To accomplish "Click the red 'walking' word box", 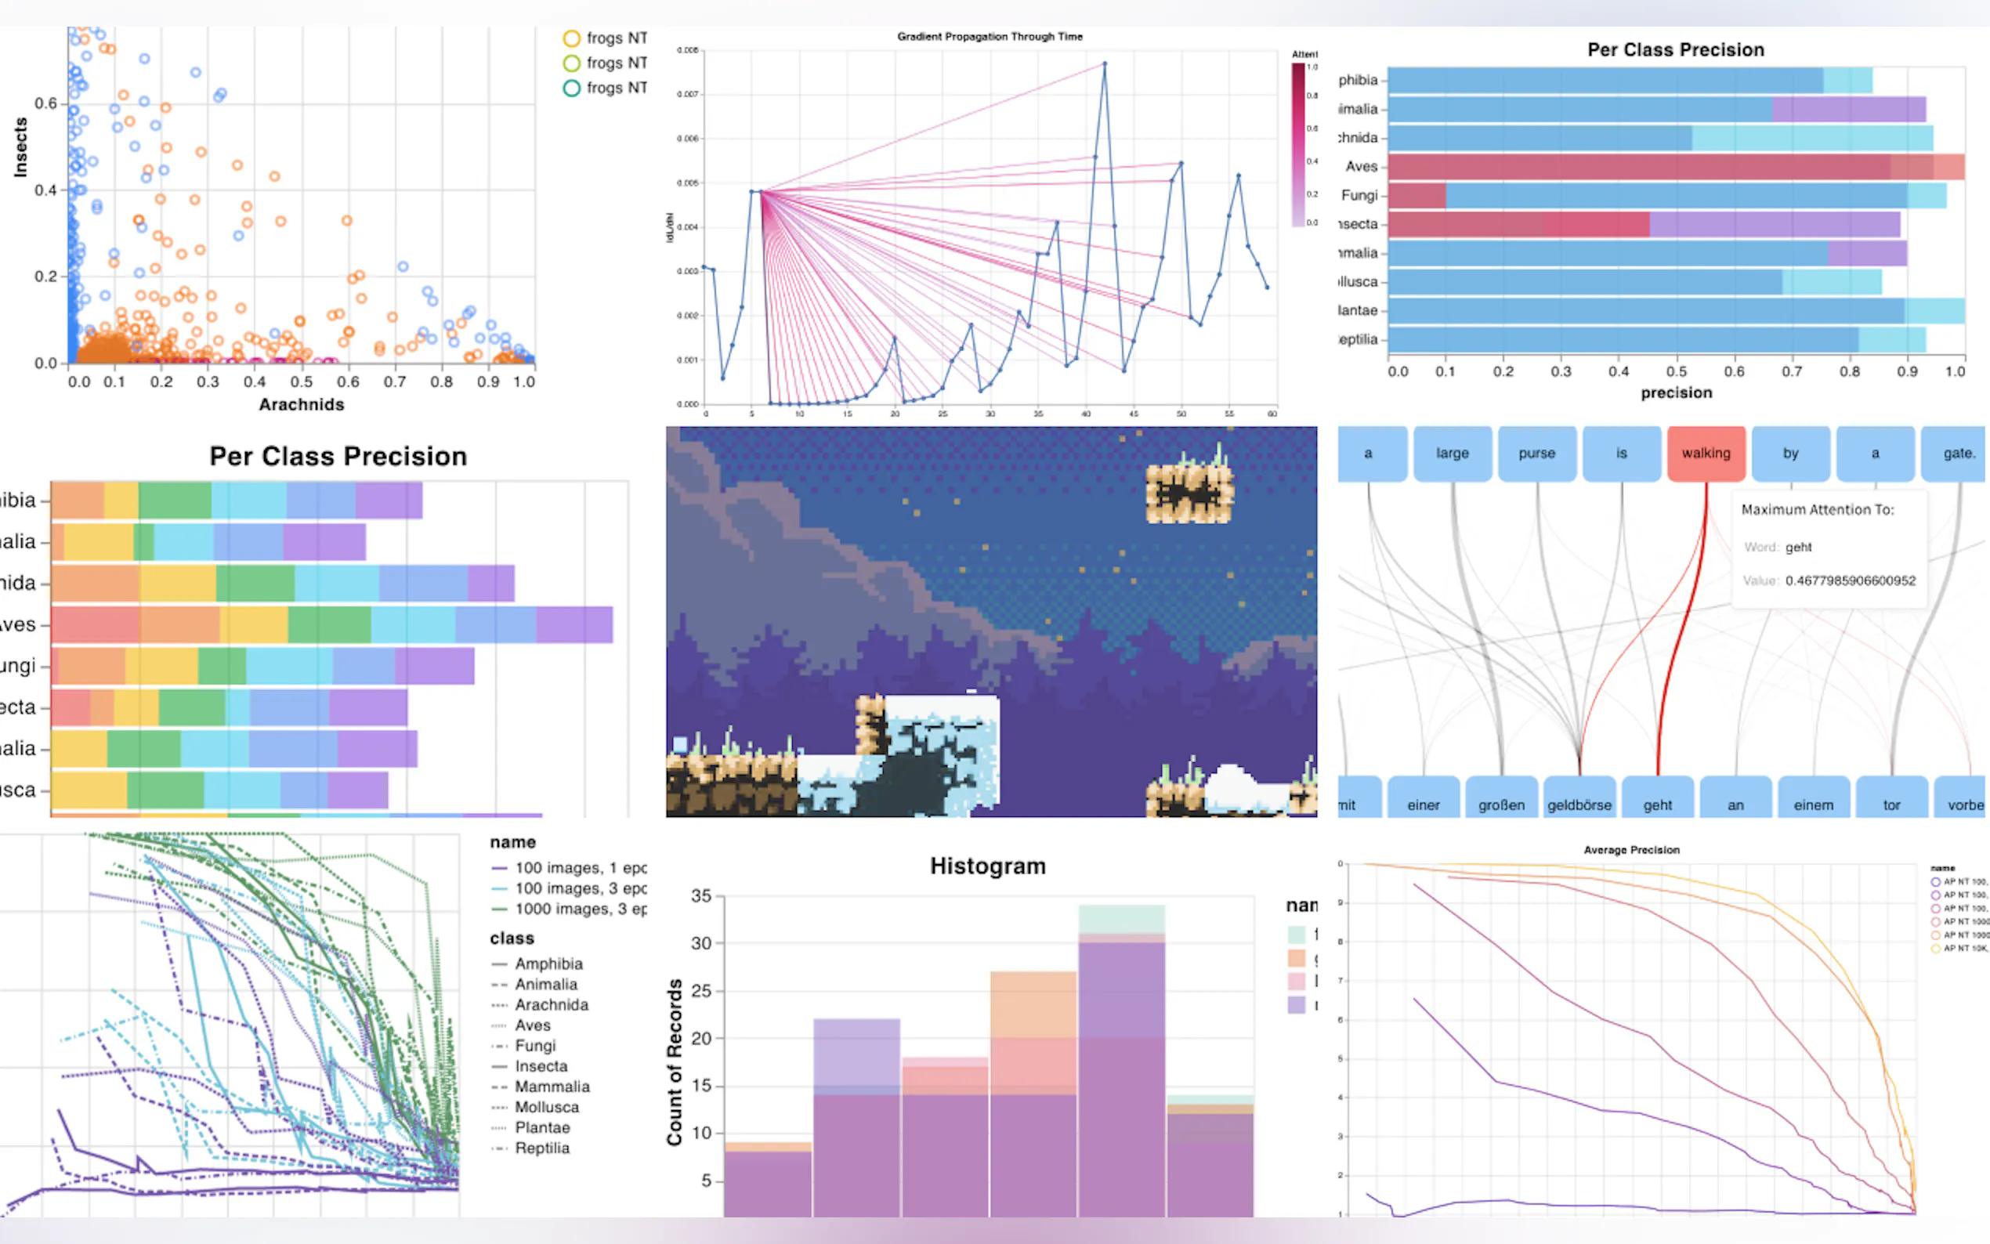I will coord(1706,454).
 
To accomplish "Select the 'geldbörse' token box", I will coord(1579,804).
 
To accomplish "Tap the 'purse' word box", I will coord(1536,454).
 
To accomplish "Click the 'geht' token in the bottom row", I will coord(1657,804).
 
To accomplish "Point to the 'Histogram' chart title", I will coord(987,866).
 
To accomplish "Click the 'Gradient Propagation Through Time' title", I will coord(989,37).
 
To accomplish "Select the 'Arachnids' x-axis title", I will coord(301,405).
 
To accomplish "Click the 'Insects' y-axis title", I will coord(20,147).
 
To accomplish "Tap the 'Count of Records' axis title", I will coord(675,1061).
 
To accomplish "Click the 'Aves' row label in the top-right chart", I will coord(1361,167).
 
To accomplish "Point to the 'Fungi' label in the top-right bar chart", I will coord(1359,196).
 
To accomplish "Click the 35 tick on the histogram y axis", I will coord(701,896).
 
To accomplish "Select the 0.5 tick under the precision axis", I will coord(1676,372).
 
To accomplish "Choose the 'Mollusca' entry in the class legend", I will coord(546,1108).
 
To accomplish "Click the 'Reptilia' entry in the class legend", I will coord(541,1148).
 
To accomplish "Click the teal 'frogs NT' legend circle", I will coord(572,88).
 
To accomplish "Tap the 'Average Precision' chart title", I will coord(1631,850).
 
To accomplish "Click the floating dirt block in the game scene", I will coord(1189,494).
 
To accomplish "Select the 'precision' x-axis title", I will coord(1676,393).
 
